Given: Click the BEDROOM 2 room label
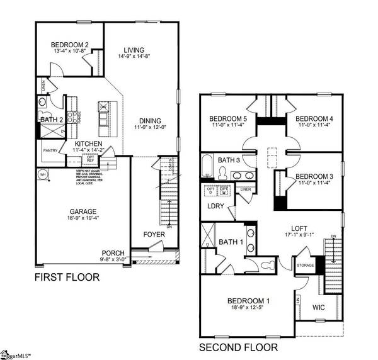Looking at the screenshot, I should (x=70, y=44).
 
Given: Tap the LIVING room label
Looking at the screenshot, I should (x=134, y=50).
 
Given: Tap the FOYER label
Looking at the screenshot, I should (x=154, y=234).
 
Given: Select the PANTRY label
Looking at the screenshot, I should (x=50, y=151).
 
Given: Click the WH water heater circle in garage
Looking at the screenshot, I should (x=43, y=174).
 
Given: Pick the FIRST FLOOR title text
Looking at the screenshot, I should (x=67, y=277).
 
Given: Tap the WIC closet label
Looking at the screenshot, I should (x=319, y=308).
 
